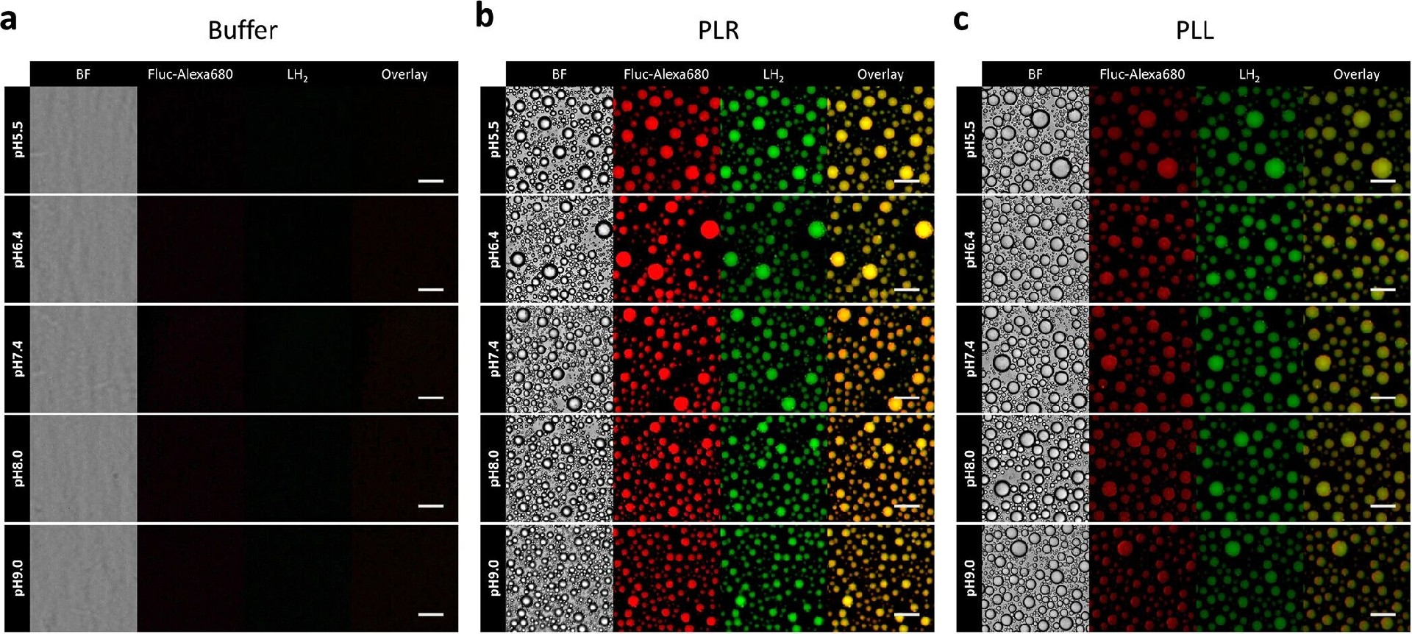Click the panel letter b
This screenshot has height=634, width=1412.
click(x=485, y=16)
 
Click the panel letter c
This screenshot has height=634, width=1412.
click(x=960, y=20)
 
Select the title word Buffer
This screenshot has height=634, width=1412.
click(x=243, y=30)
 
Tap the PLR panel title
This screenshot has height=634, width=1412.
click(x=718, y=30)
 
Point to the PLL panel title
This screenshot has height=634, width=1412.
click(x=1194, y=30)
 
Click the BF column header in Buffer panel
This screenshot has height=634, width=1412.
click(x=83, y=74)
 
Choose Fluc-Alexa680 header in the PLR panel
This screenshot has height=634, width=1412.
click(x=666, y=74)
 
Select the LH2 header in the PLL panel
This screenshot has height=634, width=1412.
click(x=1249, y=74)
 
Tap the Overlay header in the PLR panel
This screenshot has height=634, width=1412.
click(x=880, y=74)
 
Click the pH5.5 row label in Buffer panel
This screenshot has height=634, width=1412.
click(x=18, y=140)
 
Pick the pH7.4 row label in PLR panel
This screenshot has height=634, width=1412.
click(x=494, y=358)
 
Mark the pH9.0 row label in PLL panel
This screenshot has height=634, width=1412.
click(x=970, y=577)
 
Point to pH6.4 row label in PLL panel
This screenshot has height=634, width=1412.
click(x=970, y=249)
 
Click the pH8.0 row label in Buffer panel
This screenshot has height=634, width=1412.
click(x=18, y=468)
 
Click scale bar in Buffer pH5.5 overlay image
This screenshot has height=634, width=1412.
click(x=431, y=180)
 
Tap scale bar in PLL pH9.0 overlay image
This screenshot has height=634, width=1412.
click(x=1383, y=614)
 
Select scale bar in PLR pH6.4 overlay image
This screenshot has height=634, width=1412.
click(x=907, y=290)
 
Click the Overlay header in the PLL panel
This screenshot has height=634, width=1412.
click(x=1356, y=74)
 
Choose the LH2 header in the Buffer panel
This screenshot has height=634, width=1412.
click(x=297, y=74)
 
